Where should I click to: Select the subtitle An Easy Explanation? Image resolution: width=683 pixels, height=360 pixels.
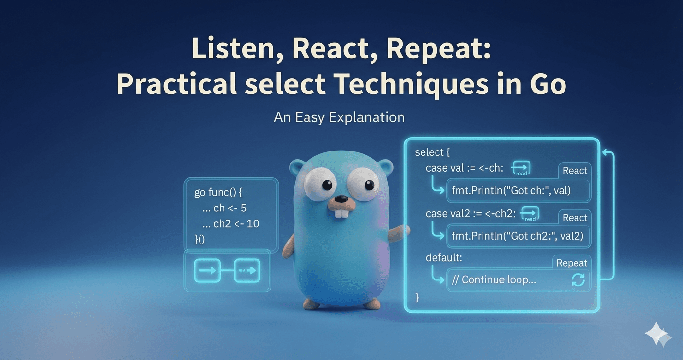(339, 117)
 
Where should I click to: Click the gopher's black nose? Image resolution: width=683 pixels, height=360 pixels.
(341, 198)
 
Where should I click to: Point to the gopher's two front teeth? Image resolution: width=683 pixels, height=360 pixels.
(341, 213)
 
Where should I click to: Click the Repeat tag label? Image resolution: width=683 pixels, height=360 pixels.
(571, 263)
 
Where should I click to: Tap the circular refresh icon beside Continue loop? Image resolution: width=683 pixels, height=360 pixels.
(578, 280)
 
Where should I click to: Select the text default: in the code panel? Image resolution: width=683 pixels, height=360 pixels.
(444, 257)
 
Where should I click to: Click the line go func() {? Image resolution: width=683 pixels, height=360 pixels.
(219, 193)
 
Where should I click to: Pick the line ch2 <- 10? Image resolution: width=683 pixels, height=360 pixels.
(236, 223)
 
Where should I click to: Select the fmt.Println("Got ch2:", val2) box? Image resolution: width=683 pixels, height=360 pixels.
(518, 236)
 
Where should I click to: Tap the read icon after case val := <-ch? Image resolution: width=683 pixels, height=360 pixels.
(521, 168)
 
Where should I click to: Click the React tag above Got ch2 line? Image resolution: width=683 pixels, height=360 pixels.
(575, 218)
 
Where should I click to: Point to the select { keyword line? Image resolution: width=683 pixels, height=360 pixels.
(433, 152)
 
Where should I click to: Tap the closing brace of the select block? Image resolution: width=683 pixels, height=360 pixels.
(417, 298)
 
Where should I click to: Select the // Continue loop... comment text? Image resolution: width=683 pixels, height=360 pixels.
(499, 280)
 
